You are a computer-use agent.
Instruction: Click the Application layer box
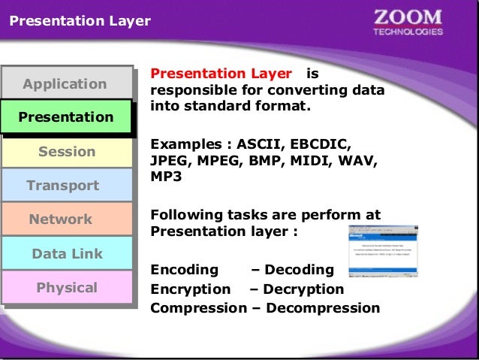pyautogui.click(x=65, y=83)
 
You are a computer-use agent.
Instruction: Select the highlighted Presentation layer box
pyautogui.click(x=65, y=117)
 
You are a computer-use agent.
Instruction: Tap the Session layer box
pyautogui.click(x=66, y=152)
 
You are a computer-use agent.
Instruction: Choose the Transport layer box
pyautogui.click(x=63, y=186)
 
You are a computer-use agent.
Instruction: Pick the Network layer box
pyautogui.click(x=61, y=219)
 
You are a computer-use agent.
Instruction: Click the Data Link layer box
pyautogui.click(x=66, y=254)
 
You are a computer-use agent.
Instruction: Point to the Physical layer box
pyautogui.click(x=66, y=288)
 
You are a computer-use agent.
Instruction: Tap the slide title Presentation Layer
pyautogui.click(x=80, y=22)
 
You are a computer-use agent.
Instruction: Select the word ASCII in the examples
pyautogui.click(x=260, y=143)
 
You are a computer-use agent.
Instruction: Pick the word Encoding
pyautogui.click(x=185, y=270)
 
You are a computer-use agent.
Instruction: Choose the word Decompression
pyautogui.click(x=323, y=308)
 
